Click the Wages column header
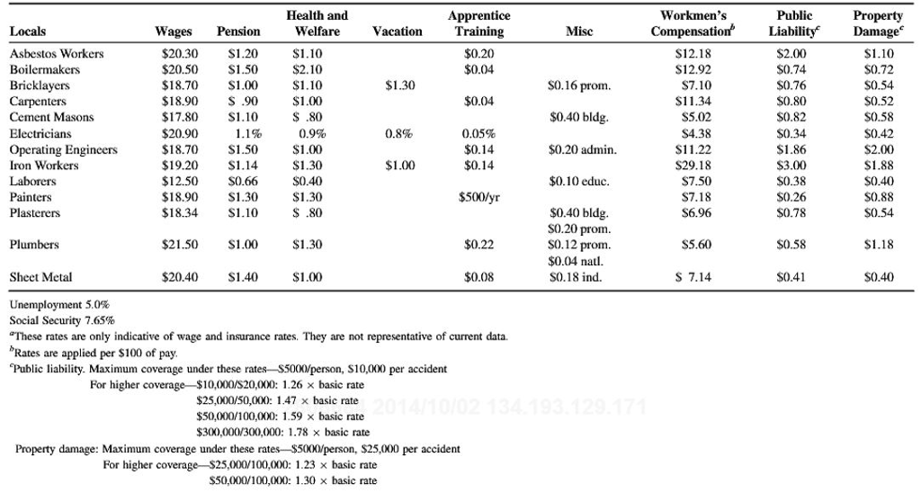174,31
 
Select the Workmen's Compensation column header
693,24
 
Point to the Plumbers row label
34,245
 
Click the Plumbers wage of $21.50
180,245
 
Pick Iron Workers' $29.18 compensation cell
693,166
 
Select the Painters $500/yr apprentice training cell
479,197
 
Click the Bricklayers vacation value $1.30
400,85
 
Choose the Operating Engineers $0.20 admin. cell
583,149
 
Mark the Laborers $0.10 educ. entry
579,181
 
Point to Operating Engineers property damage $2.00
879,149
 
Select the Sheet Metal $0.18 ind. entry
576,277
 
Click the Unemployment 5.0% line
59,304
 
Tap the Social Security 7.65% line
62,320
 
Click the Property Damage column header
878,24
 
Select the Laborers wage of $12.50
180,181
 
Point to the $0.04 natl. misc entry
576,261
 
